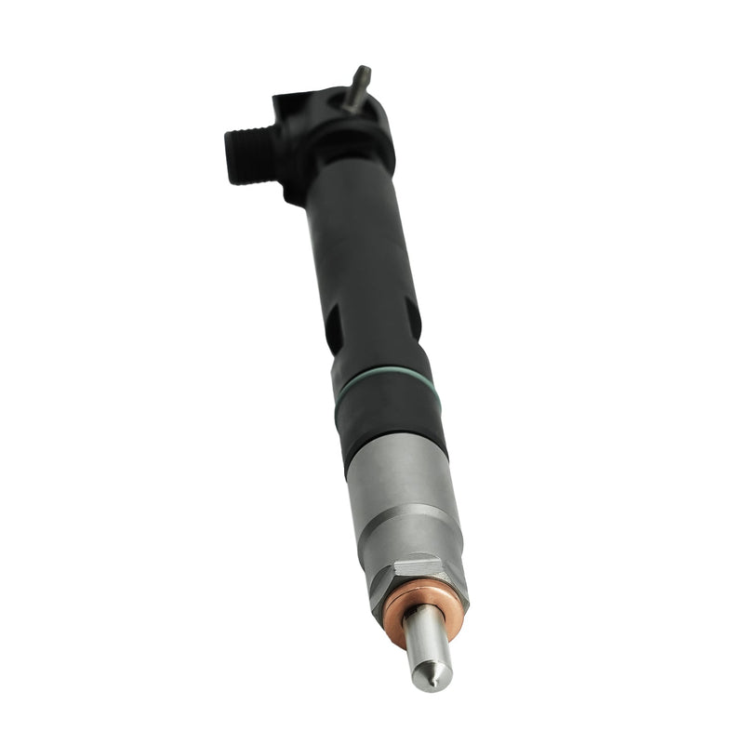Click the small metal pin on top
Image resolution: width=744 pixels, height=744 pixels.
[x=356, y=89]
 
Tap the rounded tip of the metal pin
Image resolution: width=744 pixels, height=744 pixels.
[x=363, y=71]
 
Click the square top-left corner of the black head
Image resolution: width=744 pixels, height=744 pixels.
[x=283, y=102]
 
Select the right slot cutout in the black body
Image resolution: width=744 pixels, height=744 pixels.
[x=412, y=317]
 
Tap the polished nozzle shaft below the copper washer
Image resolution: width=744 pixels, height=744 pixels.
[x=424, y=642]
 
